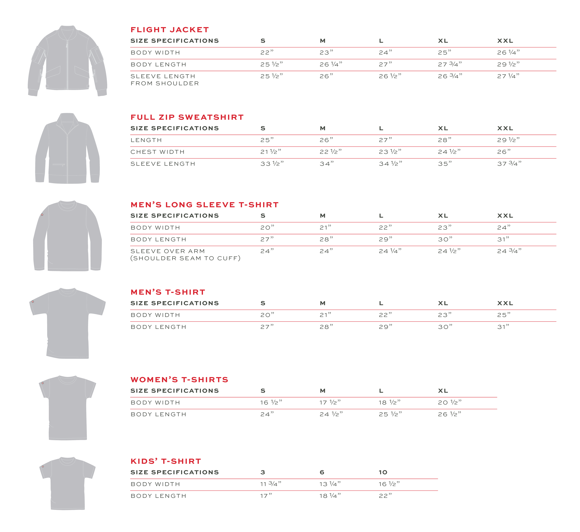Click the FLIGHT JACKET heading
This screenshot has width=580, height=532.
[x=169, y=30]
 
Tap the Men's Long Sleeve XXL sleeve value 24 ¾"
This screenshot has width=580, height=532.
[x=509, y=251]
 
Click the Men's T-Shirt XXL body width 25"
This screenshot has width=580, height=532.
[x=504, y=315]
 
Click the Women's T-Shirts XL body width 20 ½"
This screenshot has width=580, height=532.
[x=449, y=402]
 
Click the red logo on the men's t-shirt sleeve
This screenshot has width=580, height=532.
[x=33, y=302]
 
